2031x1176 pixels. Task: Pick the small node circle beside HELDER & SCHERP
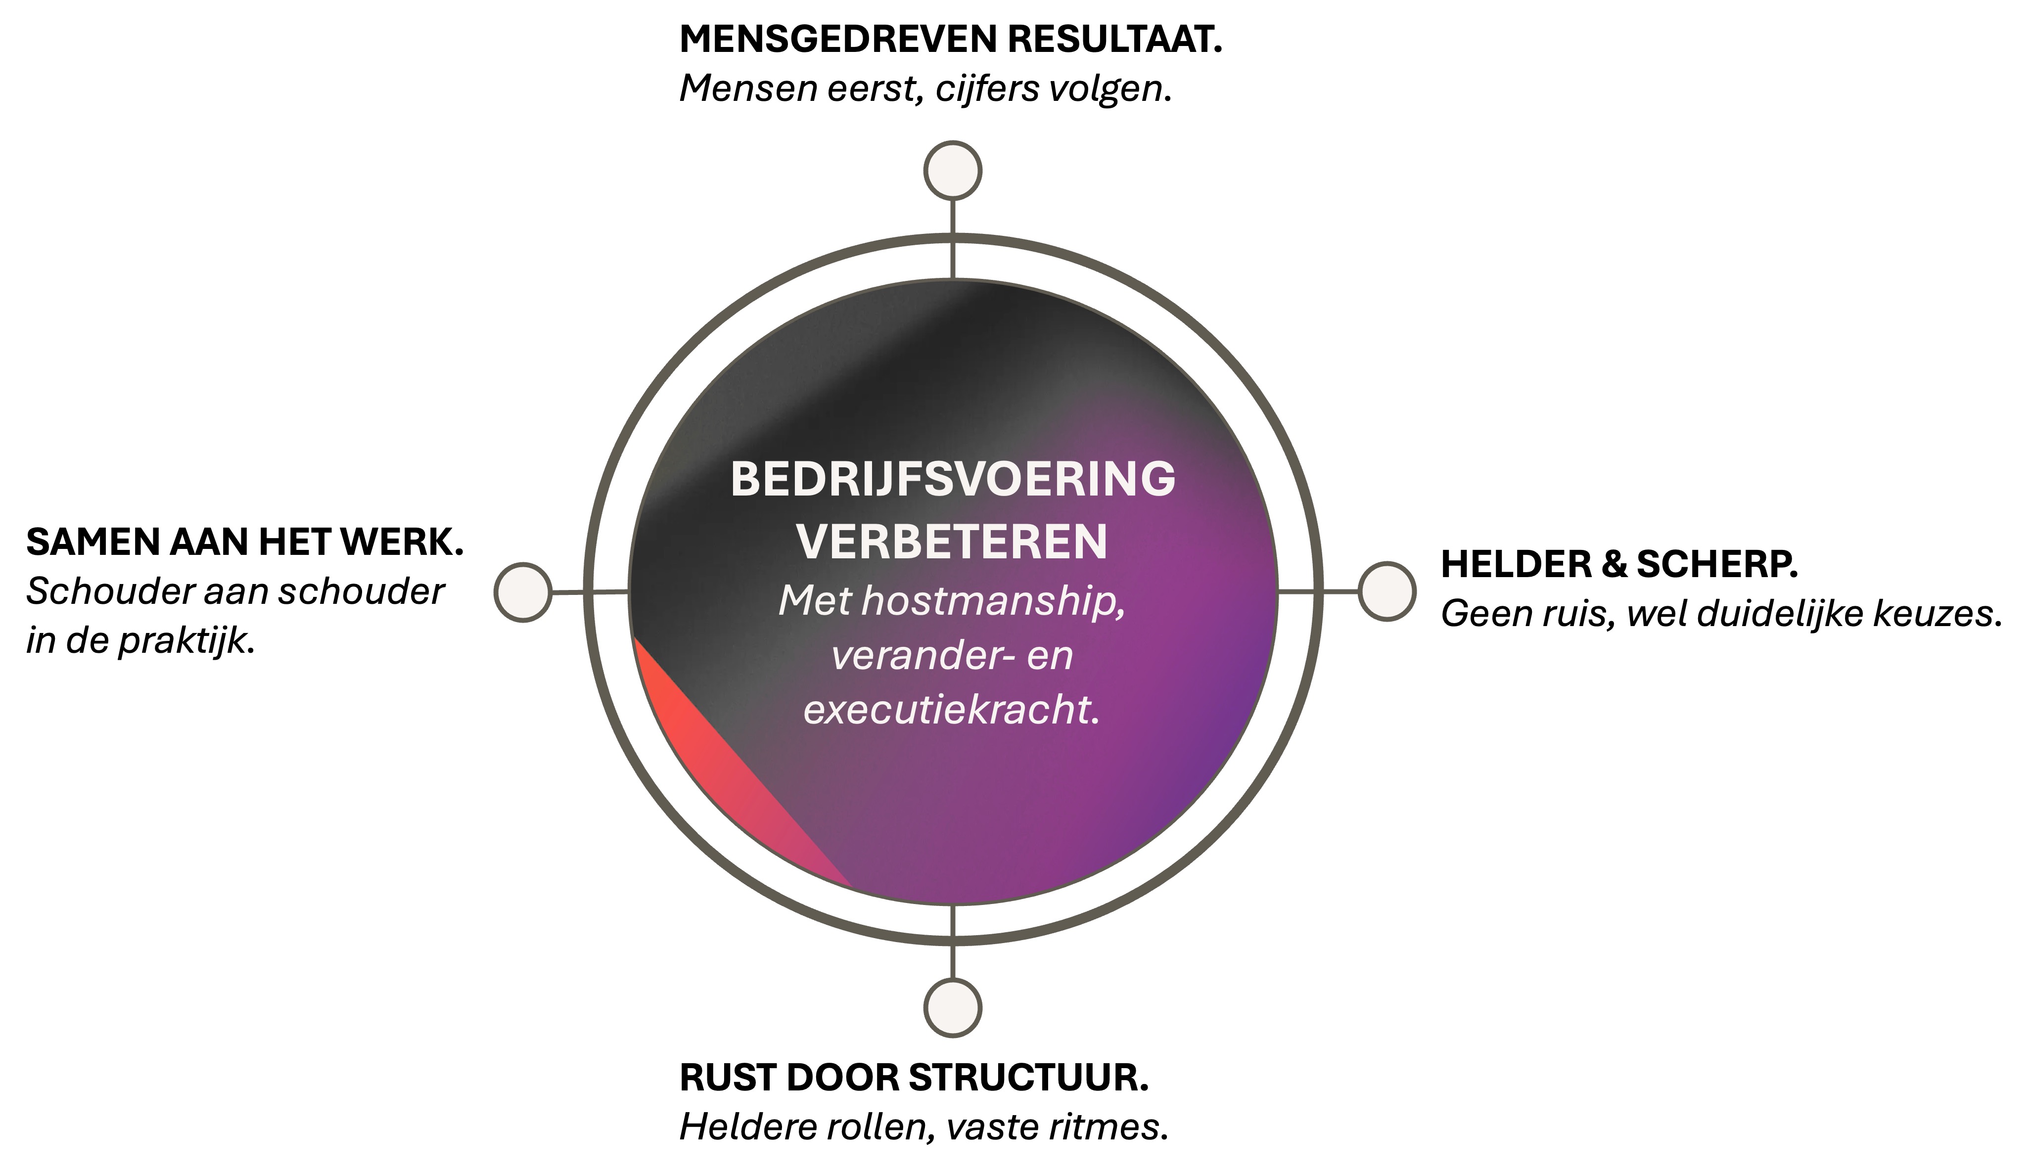click(1386, 591)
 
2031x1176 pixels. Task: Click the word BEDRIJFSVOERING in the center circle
click(953, 480)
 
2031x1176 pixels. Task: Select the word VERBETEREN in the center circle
click(953, 542)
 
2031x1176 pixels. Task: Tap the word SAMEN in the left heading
click(92, 543)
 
